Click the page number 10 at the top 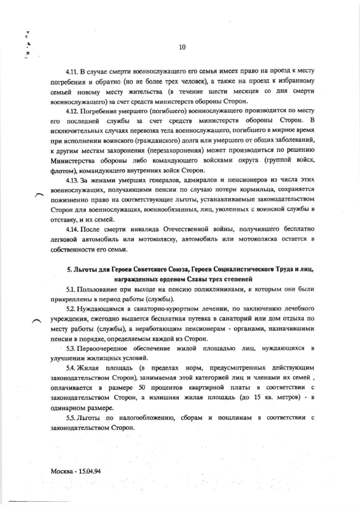click(182, 47)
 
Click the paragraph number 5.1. click(71, 289)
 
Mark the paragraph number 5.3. click(72, 349)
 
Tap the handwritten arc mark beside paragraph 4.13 click(39, 195)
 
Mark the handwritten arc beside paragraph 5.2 click(35, 320)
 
